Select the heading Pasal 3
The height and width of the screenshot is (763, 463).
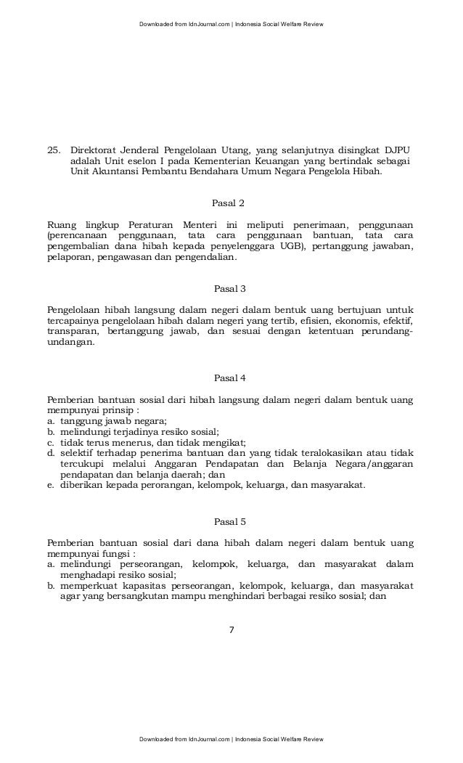(231, 289)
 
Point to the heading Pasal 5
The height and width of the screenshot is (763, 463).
(231, 521)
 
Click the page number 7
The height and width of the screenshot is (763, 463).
(231, 629)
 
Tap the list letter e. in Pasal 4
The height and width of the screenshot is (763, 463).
(50, 486)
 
